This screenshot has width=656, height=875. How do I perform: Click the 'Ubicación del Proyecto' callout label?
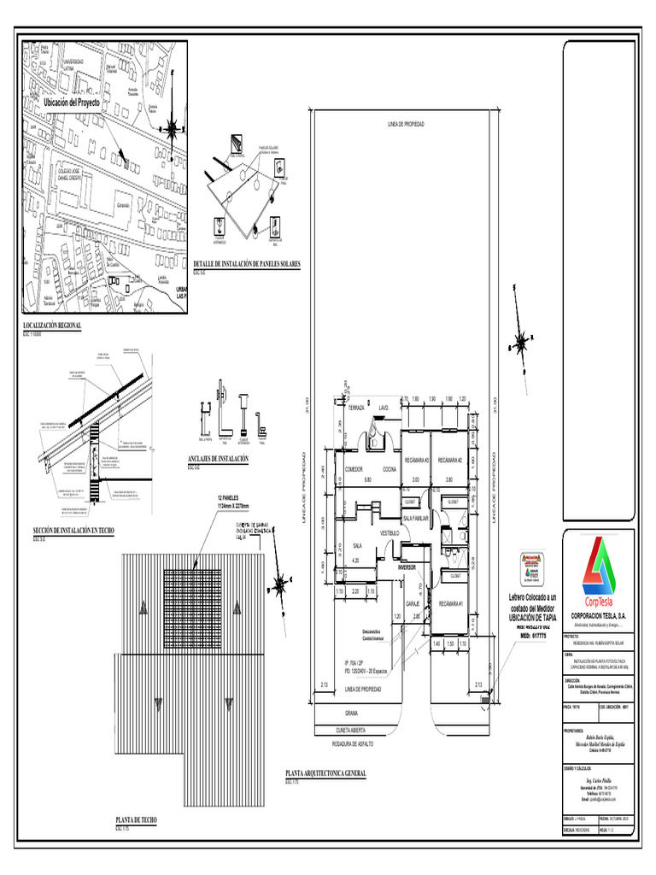[72, 103]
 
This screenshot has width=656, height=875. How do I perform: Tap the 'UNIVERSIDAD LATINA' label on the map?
[73, 65]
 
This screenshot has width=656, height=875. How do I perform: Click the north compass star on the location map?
[173, 129]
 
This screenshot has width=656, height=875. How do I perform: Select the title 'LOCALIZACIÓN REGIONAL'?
[52, 326]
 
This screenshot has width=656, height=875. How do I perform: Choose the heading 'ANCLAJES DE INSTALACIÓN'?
[218, 459]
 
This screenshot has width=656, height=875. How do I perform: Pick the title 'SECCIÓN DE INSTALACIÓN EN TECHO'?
[73, 531]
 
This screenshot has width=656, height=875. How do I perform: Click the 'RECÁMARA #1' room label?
[449, 604]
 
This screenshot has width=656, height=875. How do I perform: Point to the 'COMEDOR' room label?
[354, 470]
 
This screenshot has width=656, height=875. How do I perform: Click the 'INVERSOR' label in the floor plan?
[407, 567]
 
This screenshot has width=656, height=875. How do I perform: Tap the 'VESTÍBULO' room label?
[389, 532]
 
